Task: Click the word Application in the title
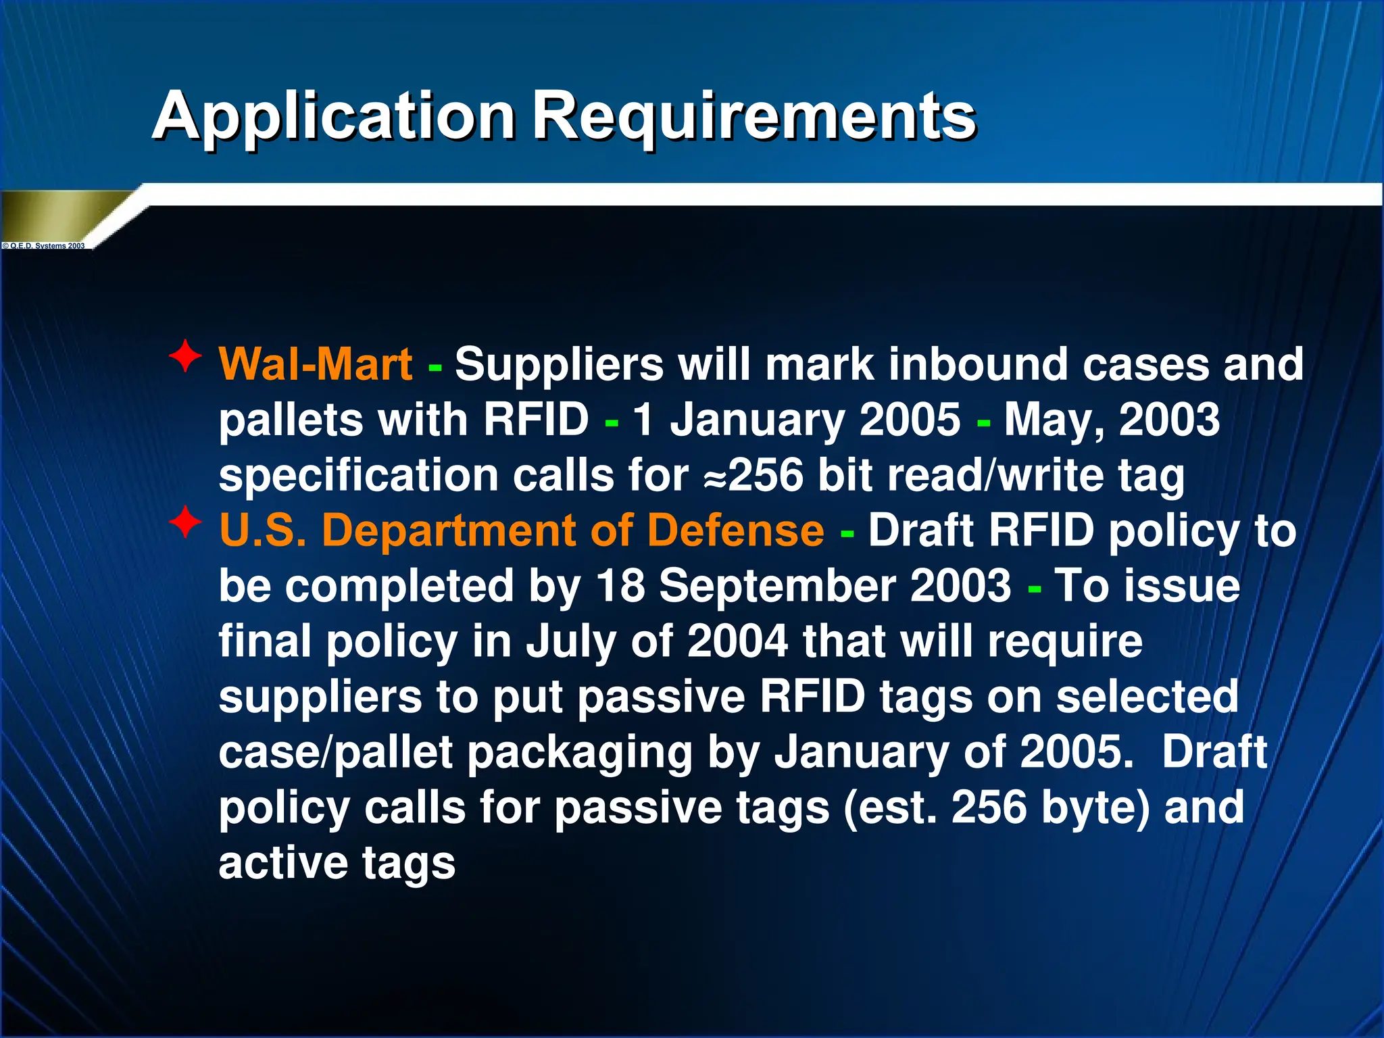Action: (335, 116)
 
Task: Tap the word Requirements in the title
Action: (753, 116)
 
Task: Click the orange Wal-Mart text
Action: (316, 365)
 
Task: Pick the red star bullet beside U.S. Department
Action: (185, 522)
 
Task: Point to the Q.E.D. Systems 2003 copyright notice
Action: (45, 246)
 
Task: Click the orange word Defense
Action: (735, 530)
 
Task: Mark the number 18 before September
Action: (620, 585)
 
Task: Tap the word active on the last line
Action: (282, 863)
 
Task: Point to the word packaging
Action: (580, 752)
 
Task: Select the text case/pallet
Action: (335, 752)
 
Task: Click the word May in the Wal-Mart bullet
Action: (1054, 420)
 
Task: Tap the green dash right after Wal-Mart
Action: (435, 368)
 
